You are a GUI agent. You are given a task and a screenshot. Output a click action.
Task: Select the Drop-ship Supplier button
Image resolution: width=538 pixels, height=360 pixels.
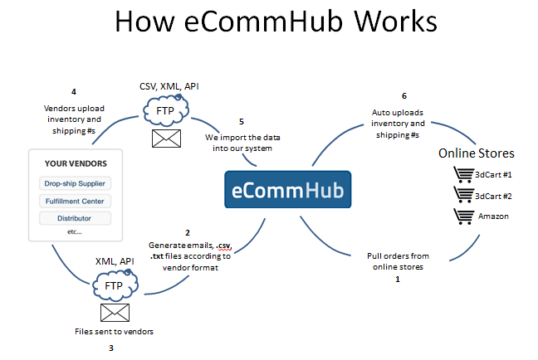[75, 182]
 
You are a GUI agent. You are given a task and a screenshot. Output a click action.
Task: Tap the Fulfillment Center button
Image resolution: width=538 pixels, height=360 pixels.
[75, 201]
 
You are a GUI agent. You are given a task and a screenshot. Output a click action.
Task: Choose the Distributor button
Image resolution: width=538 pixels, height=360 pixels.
[75, 218]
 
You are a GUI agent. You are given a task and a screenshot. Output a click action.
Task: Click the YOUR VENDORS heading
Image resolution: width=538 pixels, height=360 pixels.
[75, 163]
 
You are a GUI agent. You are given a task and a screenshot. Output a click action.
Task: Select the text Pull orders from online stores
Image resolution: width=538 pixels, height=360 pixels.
[397, 261]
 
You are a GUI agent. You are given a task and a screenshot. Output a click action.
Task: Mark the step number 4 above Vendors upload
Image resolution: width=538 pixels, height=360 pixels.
[74, 90]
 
